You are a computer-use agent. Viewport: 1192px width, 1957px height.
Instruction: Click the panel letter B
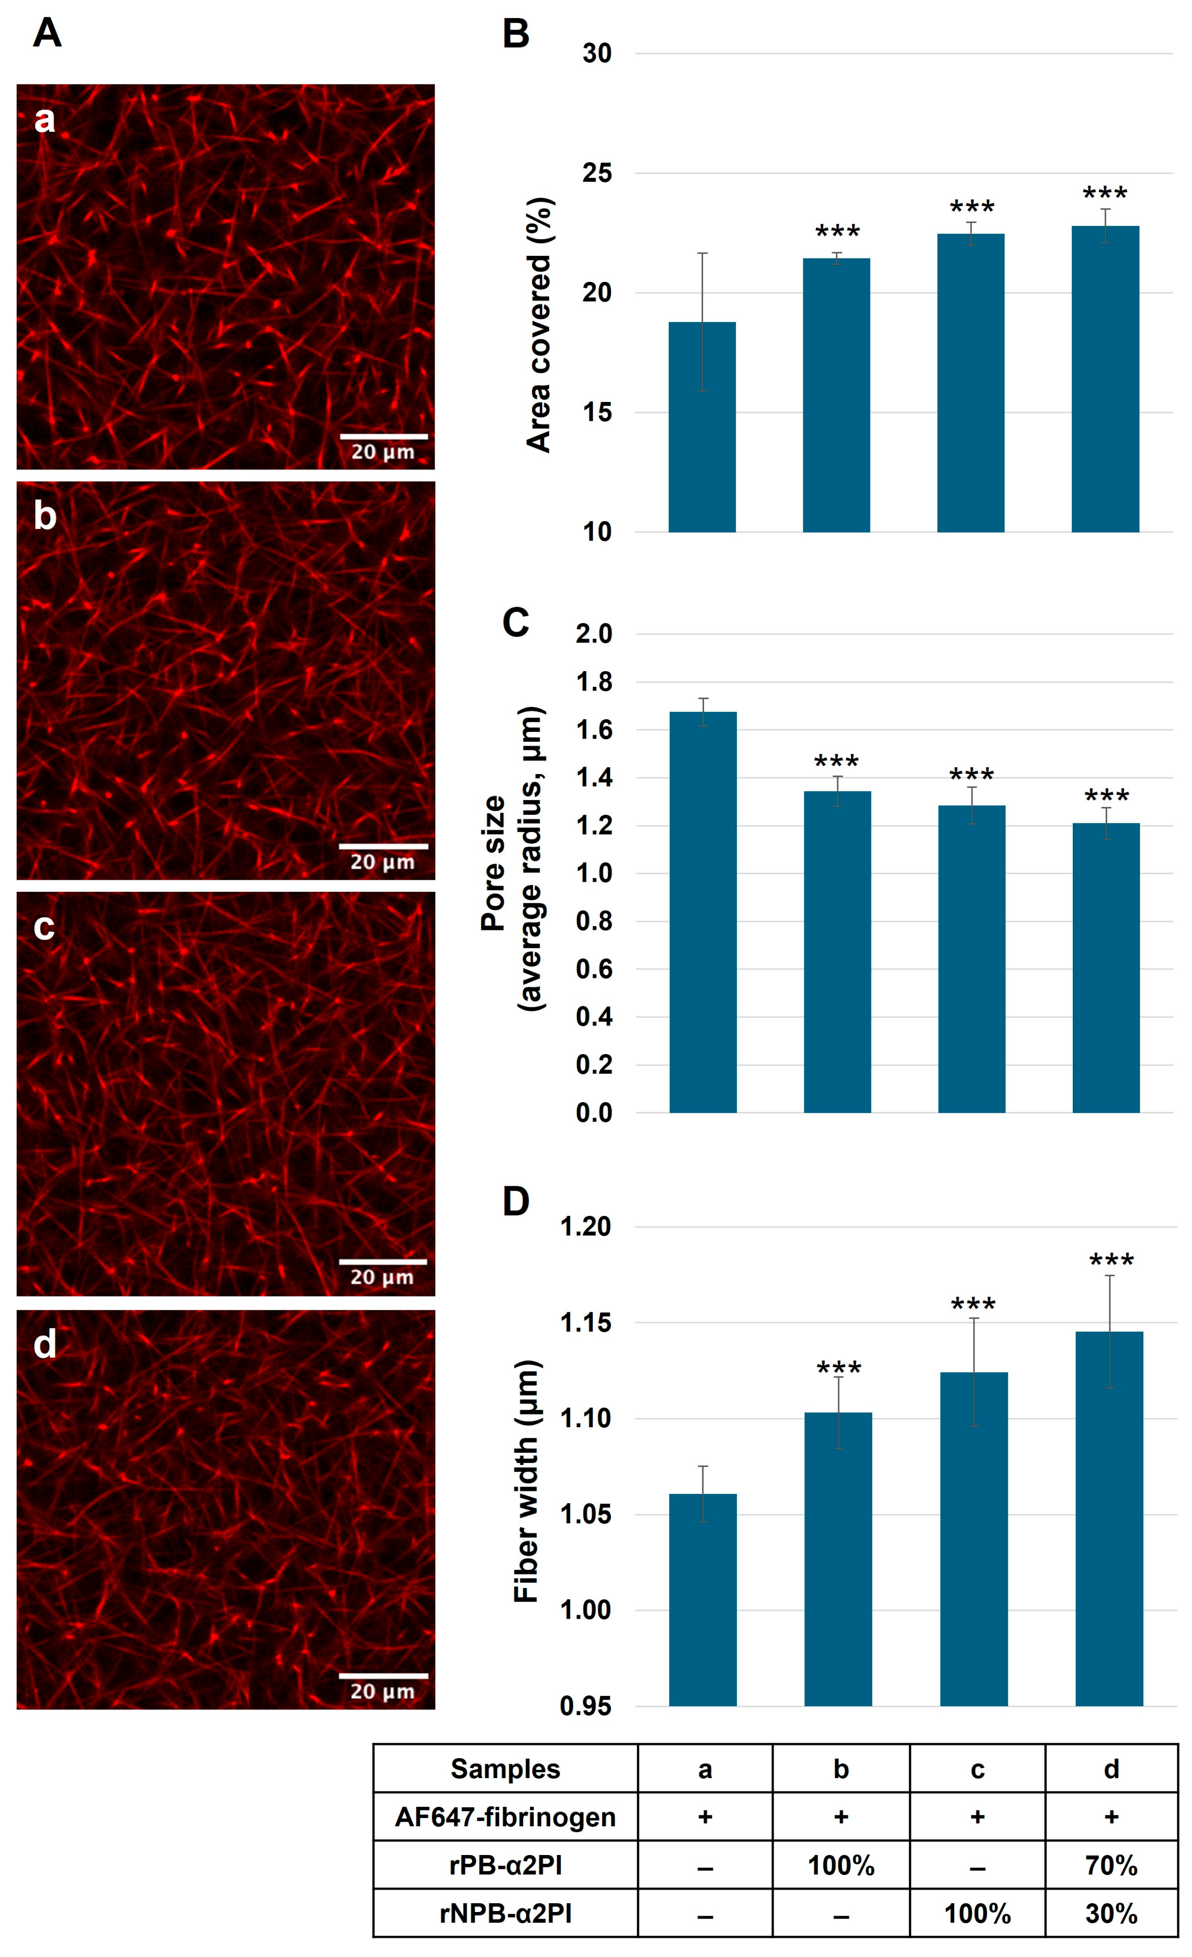point(516,34)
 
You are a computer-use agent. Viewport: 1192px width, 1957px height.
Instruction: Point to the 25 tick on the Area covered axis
point(597,173)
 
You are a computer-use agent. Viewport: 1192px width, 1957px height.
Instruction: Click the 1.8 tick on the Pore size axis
point(595,682)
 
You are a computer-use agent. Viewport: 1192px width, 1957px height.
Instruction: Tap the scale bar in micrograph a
point(384,436)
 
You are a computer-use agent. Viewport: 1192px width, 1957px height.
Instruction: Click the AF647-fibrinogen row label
point(506,1817)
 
